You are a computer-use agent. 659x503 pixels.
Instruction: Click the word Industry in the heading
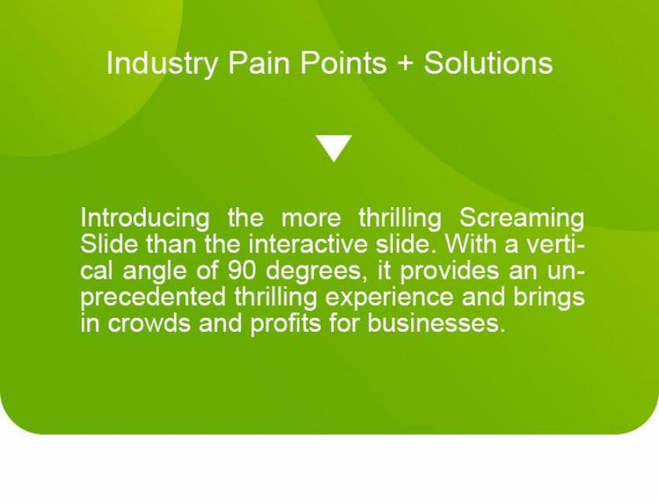[162, 64]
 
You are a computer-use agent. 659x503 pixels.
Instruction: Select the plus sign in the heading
[405, 64]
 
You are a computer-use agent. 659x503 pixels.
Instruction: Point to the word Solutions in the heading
[488, 63]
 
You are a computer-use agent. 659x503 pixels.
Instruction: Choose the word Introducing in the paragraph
[144, 218]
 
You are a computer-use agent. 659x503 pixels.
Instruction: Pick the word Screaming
[522, 218]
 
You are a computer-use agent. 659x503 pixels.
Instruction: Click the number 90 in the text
[242, 271]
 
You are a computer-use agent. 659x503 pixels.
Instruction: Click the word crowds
[148, 323]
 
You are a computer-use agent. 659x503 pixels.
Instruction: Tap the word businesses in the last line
[435, 323]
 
